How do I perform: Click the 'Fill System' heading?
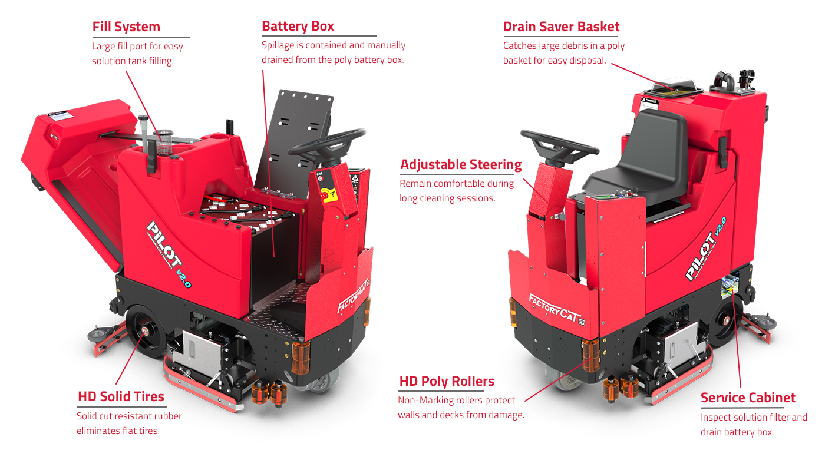pos(126,27)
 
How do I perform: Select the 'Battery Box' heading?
pos(298,27)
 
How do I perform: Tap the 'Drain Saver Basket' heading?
pos(561,27)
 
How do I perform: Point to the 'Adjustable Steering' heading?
pos(461,165)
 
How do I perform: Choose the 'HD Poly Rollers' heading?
pos(447,381)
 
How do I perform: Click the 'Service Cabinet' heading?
pos(748,398)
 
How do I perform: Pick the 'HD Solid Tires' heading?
pos(121,397)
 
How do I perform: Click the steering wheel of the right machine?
pos(559,147)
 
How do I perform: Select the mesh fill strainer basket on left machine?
pos(164,142)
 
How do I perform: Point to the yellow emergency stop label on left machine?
pos(329,194)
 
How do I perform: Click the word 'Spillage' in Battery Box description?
pos(278,45)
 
